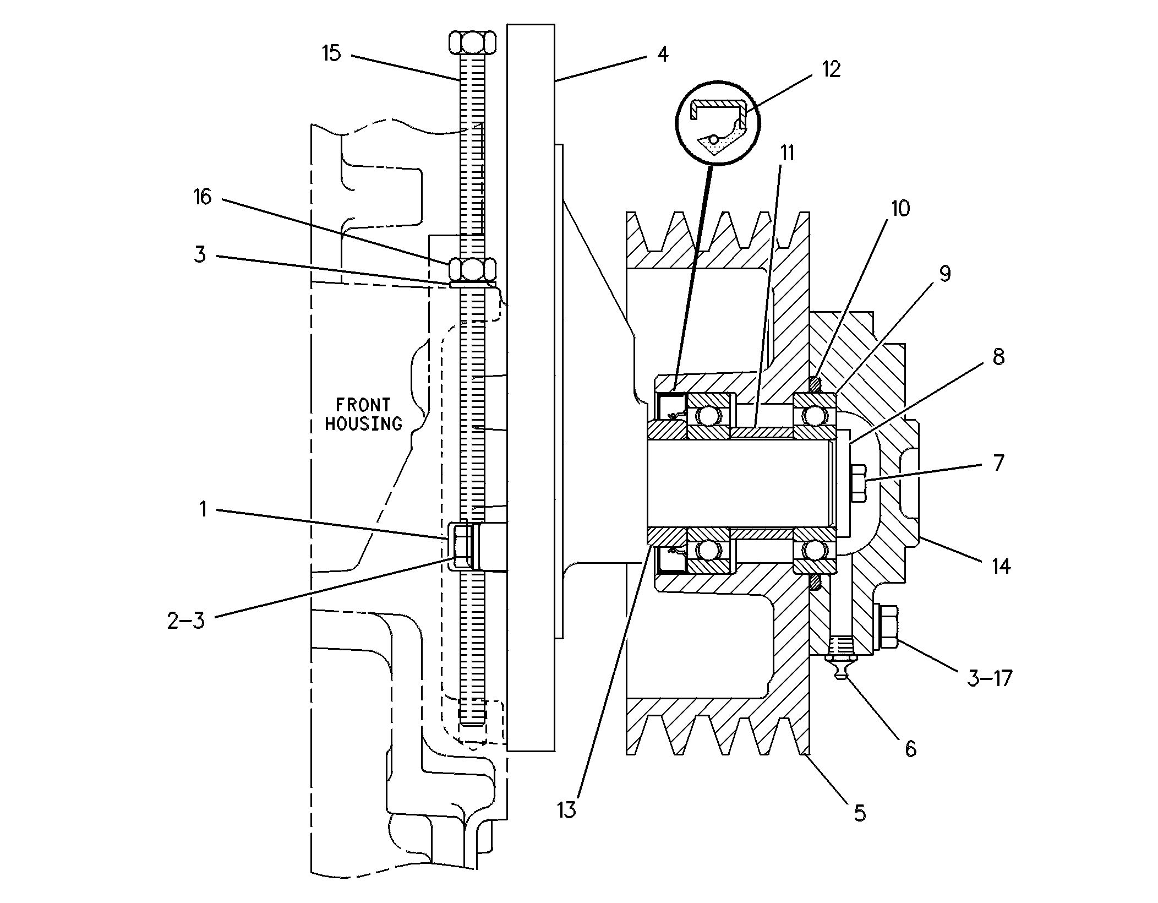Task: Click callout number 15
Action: click(x=331, y=53)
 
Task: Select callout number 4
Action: click(x=663, y=54)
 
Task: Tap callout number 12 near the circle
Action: click(x=831, y=69)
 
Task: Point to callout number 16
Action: click(x=203, y=197)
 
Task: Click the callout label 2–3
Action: click(x=185, y=621)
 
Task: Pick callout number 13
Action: click(x=566, y=809)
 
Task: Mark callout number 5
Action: click(x=860, y=813)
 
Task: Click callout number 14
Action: click(x=1001, y=566)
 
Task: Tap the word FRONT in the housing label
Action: click(x=363, y=405)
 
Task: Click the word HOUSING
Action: click(x=363, y=423)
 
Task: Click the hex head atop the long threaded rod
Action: click(x=473, y=42)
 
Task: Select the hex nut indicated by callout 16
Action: click(x=473, y=270)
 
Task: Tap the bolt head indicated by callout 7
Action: click(x=858, y=483)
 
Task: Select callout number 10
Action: click(x=900, y=209)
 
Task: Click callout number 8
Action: click(x=998, y=357)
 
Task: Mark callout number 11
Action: click(x=788, y=153)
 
